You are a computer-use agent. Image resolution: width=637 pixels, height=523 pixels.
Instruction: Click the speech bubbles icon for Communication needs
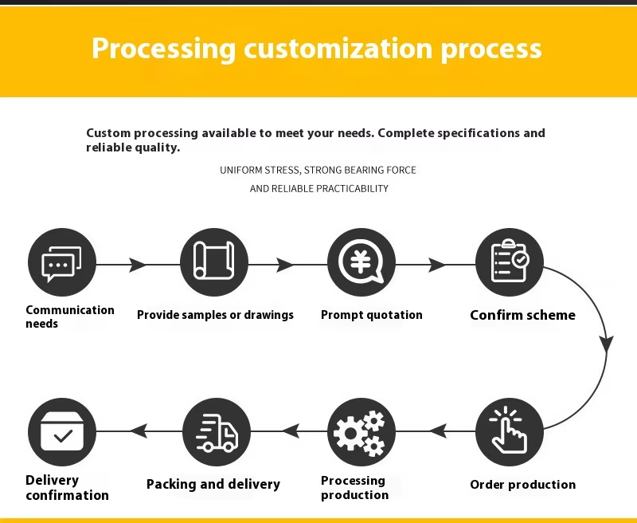pyautogui.click(x=62, y=262)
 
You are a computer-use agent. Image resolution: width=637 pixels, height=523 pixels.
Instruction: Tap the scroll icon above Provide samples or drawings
pyautogui.click(x=214, y=262)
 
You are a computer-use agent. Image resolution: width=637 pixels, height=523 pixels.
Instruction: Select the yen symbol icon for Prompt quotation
pyautogui.click(x=361, y=262)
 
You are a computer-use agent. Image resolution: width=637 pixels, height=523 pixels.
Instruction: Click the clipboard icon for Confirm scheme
pyautogui.click(x=510, y=262)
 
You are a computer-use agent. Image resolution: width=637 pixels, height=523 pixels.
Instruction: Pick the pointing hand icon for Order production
pyautogui.click(x=510, y=432)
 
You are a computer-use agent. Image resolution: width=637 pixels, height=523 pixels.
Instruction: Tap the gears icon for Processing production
pyautogui.click(x=361, y=432)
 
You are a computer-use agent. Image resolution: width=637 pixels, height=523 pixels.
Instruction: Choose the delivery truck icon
pyautogui.click(x=217, y=432)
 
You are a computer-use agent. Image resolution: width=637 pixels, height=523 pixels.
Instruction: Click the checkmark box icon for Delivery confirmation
pyautogui.click(x=62, y=432)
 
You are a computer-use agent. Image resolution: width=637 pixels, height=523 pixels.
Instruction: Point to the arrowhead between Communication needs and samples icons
pyautogui.click(x=138, y=265)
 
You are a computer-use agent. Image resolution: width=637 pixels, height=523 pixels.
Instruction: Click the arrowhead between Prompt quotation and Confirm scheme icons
pyautogui.click(x=437, y=265)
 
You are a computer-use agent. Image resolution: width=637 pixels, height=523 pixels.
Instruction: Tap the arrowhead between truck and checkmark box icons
pyautogui.click(x=139, y=431)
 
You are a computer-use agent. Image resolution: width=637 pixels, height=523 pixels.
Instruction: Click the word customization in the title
pyautogui.click(x=338, y=49)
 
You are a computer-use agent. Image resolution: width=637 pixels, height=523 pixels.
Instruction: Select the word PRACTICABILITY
pyautogui.click(x=352, y=189)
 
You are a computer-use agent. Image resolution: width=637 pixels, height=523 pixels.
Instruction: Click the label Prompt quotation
pyautogui.click(x=372, y=315)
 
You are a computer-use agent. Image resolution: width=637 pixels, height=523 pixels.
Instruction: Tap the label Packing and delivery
pyautogui.click(x=213, y=484)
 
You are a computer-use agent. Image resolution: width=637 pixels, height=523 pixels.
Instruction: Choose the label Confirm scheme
pyautogui.click(x=522, y=315)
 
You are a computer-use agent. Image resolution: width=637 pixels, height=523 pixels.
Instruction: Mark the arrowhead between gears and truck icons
pyautogui.click(x=291, y=431)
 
